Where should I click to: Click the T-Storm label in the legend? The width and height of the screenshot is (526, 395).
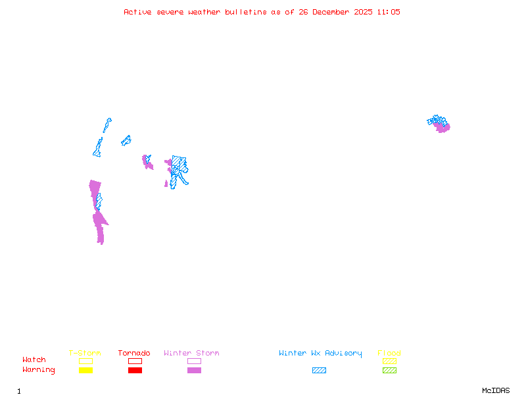85,354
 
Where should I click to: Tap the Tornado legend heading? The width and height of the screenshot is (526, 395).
134,354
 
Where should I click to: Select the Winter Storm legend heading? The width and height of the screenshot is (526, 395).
191,354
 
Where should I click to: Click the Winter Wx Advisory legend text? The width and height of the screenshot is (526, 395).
320,354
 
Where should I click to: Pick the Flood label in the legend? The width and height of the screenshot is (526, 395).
389,354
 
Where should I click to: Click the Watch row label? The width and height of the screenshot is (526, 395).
34,360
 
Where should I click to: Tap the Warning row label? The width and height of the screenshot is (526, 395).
39,370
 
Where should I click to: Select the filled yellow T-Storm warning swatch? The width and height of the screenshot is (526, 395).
85,371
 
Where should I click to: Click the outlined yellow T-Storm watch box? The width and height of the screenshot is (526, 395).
85,361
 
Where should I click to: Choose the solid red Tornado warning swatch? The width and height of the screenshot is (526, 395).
135,371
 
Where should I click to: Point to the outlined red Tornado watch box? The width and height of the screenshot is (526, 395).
135,361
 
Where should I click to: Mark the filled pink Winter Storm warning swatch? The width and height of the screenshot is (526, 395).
194,371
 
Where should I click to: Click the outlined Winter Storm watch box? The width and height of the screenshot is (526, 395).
194,361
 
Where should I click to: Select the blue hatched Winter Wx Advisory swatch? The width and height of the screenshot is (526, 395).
319,371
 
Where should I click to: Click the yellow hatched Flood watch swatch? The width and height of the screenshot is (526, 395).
389,361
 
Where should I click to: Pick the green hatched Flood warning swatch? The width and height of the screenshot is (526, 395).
389,371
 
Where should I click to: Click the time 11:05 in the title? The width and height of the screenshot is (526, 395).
388,12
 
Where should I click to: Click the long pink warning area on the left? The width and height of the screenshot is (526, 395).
99,217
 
